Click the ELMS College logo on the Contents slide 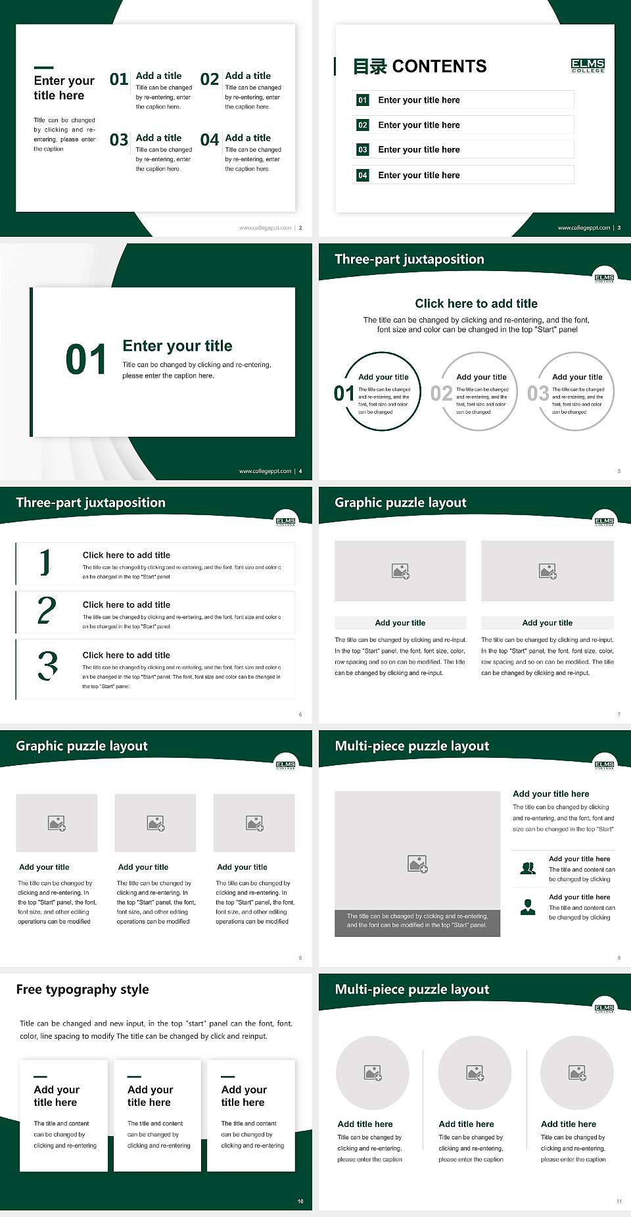[x=588, y=65]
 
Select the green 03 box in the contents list [x=363, y=150]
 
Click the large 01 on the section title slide [x=86, y=360]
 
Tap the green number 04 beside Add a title [x=210, y=140]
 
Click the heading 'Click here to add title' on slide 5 [x=476, y=303]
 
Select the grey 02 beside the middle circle [x=441, y=393]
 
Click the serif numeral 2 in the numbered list [x=47, y=610]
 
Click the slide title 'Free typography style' [x=82, y=989]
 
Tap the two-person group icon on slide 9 [x=528, y=868]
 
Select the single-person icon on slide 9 [x=528, y=907]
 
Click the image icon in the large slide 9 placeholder [x=417, y=864]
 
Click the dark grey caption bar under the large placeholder [x=417, y=920]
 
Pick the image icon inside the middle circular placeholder [x=475, y=1073]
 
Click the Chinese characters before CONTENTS [x=370, y=66]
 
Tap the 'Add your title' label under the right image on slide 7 [x=547, y=623]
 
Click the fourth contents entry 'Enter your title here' [x=419, y=175]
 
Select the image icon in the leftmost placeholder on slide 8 [x=57, y=823]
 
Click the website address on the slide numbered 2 [x=265, y=228]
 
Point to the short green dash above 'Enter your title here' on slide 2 [x=43, y=67]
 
